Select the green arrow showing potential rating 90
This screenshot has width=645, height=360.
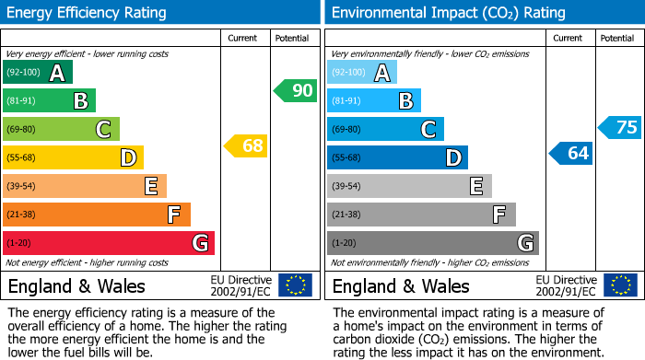pyautogui.click(x=296, y=90)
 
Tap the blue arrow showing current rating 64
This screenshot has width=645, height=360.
pyautogui.click(x=570, y=153)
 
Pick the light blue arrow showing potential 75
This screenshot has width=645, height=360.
pyautogui.click(x=620, y=127)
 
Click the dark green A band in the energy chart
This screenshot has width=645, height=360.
pyautogui.click(x=38, y=73)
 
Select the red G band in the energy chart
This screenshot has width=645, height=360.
pyautogui.click(x=109, y=243)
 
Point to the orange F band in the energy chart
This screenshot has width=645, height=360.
pyautogui.click(x=97, y=215)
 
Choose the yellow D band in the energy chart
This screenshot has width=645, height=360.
pyautogui.click(x=73, y=157)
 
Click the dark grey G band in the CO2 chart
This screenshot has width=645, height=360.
pyautogui.click(x=432, y=243)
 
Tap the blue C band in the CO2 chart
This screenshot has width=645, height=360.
pyautogui.click(x=385, y=129)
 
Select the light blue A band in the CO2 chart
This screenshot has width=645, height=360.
pyautogui.click(x=362, y=73)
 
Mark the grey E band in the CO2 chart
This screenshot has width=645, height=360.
pyautogui.click(x=409, y=186)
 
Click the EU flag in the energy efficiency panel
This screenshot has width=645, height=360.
pyautogui.click(x=295, y=285)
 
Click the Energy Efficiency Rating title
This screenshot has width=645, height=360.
pyautogui.click(x=88, y=13)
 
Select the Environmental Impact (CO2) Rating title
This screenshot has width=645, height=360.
pyautogui.click(x=448, y=13)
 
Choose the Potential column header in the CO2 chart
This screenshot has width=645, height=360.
pyautogui.click(x=616, y=38)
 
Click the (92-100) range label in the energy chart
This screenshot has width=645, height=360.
pyautogui.click(x=24, y=73)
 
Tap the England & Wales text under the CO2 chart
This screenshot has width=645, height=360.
pyautogui.click(x=401, y=285)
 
